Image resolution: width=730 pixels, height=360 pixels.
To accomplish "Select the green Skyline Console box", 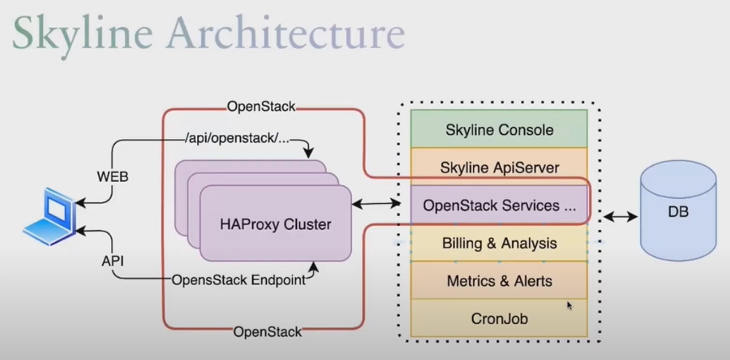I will [499, 129].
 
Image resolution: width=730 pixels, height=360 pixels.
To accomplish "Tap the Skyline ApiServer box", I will [499, 167].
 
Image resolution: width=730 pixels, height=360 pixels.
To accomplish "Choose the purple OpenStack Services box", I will [499, 205].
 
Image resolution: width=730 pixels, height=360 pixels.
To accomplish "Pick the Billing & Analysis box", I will [499, 243].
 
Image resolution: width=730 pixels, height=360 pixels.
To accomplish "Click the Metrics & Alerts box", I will [499, 281].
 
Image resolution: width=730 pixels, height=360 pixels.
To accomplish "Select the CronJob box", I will [499, 318].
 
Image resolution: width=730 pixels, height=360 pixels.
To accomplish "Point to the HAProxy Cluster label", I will [275, 224].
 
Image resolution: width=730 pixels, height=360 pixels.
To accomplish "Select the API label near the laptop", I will [113, 260].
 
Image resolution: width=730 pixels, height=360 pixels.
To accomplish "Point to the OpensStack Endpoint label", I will [239, 280].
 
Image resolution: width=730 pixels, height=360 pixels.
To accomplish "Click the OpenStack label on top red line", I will [261, 106].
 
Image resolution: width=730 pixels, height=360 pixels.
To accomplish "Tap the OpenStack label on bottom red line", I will [267, 330].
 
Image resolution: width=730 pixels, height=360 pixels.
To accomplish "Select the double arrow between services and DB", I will [620, 216].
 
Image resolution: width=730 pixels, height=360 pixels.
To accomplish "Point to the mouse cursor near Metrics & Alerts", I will [570, 305].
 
